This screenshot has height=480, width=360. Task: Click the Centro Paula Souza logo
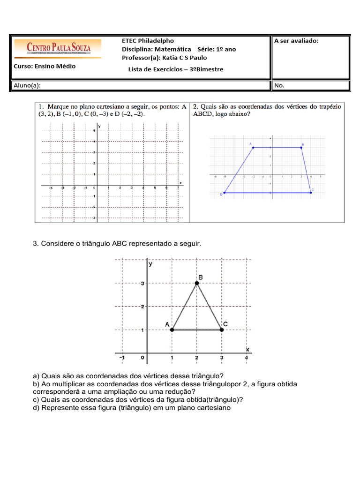[x=58, y=48]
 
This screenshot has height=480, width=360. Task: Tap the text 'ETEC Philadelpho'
[x=148, y=41]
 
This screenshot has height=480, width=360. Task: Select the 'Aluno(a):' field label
[x=27, y=85]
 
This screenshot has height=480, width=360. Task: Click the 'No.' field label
[x=279, y=85]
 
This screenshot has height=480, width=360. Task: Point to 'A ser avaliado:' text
[x=296, y=41]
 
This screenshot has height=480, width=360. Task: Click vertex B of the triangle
[x=197, y=283]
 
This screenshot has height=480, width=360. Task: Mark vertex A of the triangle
[x=172, y=330]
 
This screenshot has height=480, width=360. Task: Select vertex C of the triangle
[x=222, y=330]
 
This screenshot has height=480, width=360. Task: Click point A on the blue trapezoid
[x=254, y=148]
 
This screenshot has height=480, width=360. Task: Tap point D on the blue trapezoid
[x=225, y=192]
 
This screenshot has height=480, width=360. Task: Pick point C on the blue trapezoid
[x=311, y=192]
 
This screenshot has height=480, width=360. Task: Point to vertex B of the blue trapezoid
[x=301, y=148]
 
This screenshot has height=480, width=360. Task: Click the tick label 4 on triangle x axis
[x=247, y=359]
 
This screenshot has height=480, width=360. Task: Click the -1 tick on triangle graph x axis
[x=122, y=359]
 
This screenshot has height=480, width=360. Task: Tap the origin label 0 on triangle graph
[x=142, y=359]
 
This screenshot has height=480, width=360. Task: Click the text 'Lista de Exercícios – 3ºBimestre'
[x=176, y=69]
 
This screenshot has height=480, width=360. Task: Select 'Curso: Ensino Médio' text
[x=45, y=66]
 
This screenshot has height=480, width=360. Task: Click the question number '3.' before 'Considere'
[x=36, y=244]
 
